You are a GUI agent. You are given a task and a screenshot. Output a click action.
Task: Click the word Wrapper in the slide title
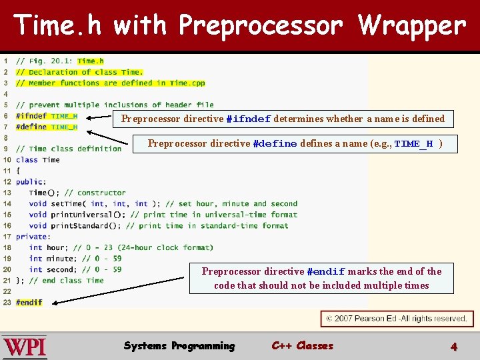pos(412,26)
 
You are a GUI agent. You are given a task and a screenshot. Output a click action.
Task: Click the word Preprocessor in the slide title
pos(261,26)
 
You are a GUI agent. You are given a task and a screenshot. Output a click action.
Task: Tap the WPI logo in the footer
pos(25,347)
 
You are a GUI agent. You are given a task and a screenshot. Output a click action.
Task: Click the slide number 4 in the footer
pos(454,347)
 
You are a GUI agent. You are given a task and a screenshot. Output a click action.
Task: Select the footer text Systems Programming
pos(179,346)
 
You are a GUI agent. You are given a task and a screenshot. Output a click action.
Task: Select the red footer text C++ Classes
pos(302,346)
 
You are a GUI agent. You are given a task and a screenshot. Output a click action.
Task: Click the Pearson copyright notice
pos(397,319)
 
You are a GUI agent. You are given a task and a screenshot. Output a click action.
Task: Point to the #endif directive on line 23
pos(29,303)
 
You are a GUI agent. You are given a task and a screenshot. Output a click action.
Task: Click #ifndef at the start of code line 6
pos(31,116)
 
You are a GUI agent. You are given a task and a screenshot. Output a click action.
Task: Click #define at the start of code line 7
pos(31,127)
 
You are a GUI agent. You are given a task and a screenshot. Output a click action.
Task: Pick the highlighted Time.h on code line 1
pos(91,61)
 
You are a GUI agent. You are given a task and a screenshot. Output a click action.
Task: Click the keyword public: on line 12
pos(31,181)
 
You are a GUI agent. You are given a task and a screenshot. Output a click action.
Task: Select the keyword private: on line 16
pos(33,237)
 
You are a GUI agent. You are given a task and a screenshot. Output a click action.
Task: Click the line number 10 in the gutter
pos(7,160)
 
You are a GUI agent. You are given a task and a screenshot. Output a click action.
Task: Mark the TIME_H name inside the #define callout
pos(413,144)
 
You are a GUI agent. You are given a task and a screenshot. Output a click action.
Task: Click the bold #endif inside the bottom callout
pos(325,272)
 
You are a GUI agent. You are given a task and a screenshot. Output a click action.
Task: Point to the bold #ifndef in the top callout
pos(248,119)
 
